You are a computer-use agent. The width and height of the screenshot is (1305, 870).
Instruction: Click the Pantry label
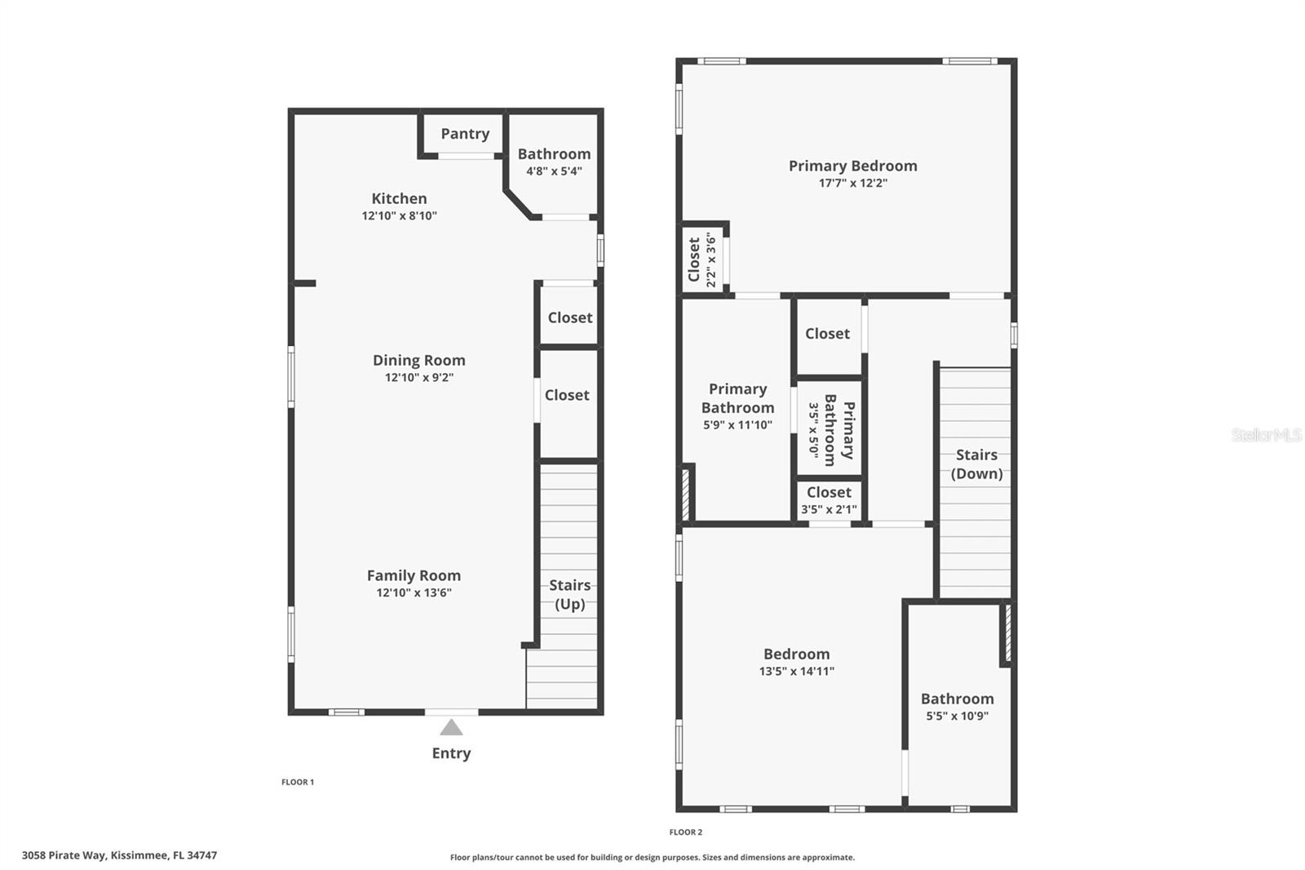(465, 134)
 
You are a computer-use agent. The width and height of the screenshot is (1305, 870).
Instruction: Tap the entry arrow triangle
(451, 727)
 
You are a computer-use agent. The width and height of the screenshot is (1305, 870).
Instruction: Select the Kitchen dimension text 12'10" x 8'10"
(399, 216)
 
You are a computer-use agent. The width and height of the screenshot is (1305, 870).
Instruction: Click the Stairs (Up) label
(569, 594)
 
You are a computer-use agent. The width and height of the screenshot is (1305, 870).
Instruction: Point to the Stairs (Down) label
(976, 464)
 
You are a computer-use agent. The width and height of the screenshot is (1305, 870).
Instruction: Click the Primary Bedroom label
(852, 166)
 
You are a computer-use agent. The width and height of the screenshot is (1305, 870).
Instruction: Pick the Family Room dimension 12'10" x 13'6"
(414, 593)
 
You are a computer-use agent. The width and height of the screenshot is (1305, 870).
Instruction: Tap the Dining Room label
(418, 360)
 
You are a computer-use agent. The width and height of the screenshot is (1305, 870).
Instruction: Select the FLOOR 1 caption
(298, 782)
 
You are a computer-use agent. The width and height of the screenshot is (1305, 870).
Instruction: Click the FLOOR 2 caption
(685, 832)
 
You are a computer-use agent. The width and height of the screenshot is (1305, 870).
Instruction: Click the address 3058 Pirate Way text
(119, 855)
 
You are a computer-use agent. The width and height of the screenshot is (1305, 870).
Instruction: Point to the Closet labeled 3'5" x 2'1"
(829, 500)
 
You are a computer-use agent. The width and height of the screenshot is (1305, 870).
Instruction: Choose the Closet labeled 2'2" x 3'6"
(701, 260)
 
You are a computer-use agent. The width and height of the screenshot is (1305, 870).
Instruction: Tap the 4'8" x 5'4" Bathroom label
(554, 162)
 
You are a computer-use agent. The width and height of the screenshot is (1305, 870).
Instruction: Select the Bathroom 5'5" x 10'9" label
(957, 707)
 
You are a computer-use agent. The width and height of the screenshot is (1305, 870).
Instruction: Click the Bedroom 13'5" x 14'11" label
(796, 662)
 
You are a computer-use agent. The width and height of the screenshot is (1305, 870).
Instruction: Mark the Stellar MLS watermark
(1266, 435)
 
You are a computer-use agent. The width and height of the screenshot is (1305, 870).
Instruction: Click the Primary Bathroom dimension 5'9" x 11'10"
(737, 425)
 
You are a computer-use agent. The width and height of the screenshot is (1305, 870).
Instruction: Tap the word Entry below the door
(451, 753)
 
